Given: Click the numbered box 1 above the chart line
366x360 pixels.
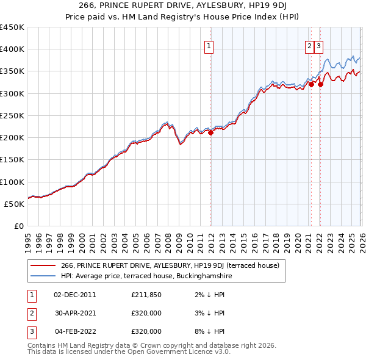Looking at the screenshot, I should tap(209, 45).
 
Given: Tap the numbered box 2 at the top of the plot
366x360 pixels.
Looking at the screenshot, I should tap(310, 45).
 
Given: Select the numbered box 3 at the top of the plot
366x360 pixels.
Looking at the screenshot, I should tap(319, 45).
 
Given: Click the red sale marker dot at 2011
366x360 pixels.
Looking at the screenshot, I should tap(211, 132).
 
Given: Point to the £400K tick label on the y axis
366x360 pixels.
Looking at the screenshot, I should tap(12, 49).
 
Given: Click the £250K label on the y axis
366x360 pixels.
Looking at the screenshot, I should tap(12, 115).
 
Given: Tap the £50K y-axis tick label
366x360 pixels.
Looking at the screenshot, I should tap(15, 204).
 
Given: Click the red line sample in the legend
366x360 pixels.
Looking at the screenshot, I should tap(43, 265).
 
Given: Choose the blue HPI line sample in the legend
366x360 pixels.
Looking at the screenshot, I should tap(43, 276).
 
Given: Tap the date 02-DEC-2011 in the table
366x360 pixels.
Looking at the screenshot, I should tap(75, 295).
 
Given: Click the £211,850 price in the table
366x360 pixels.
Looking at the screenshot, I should tap(146, 295).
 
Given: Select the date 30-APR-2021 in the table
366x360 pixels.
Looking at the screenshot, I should tap(75, 313).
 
